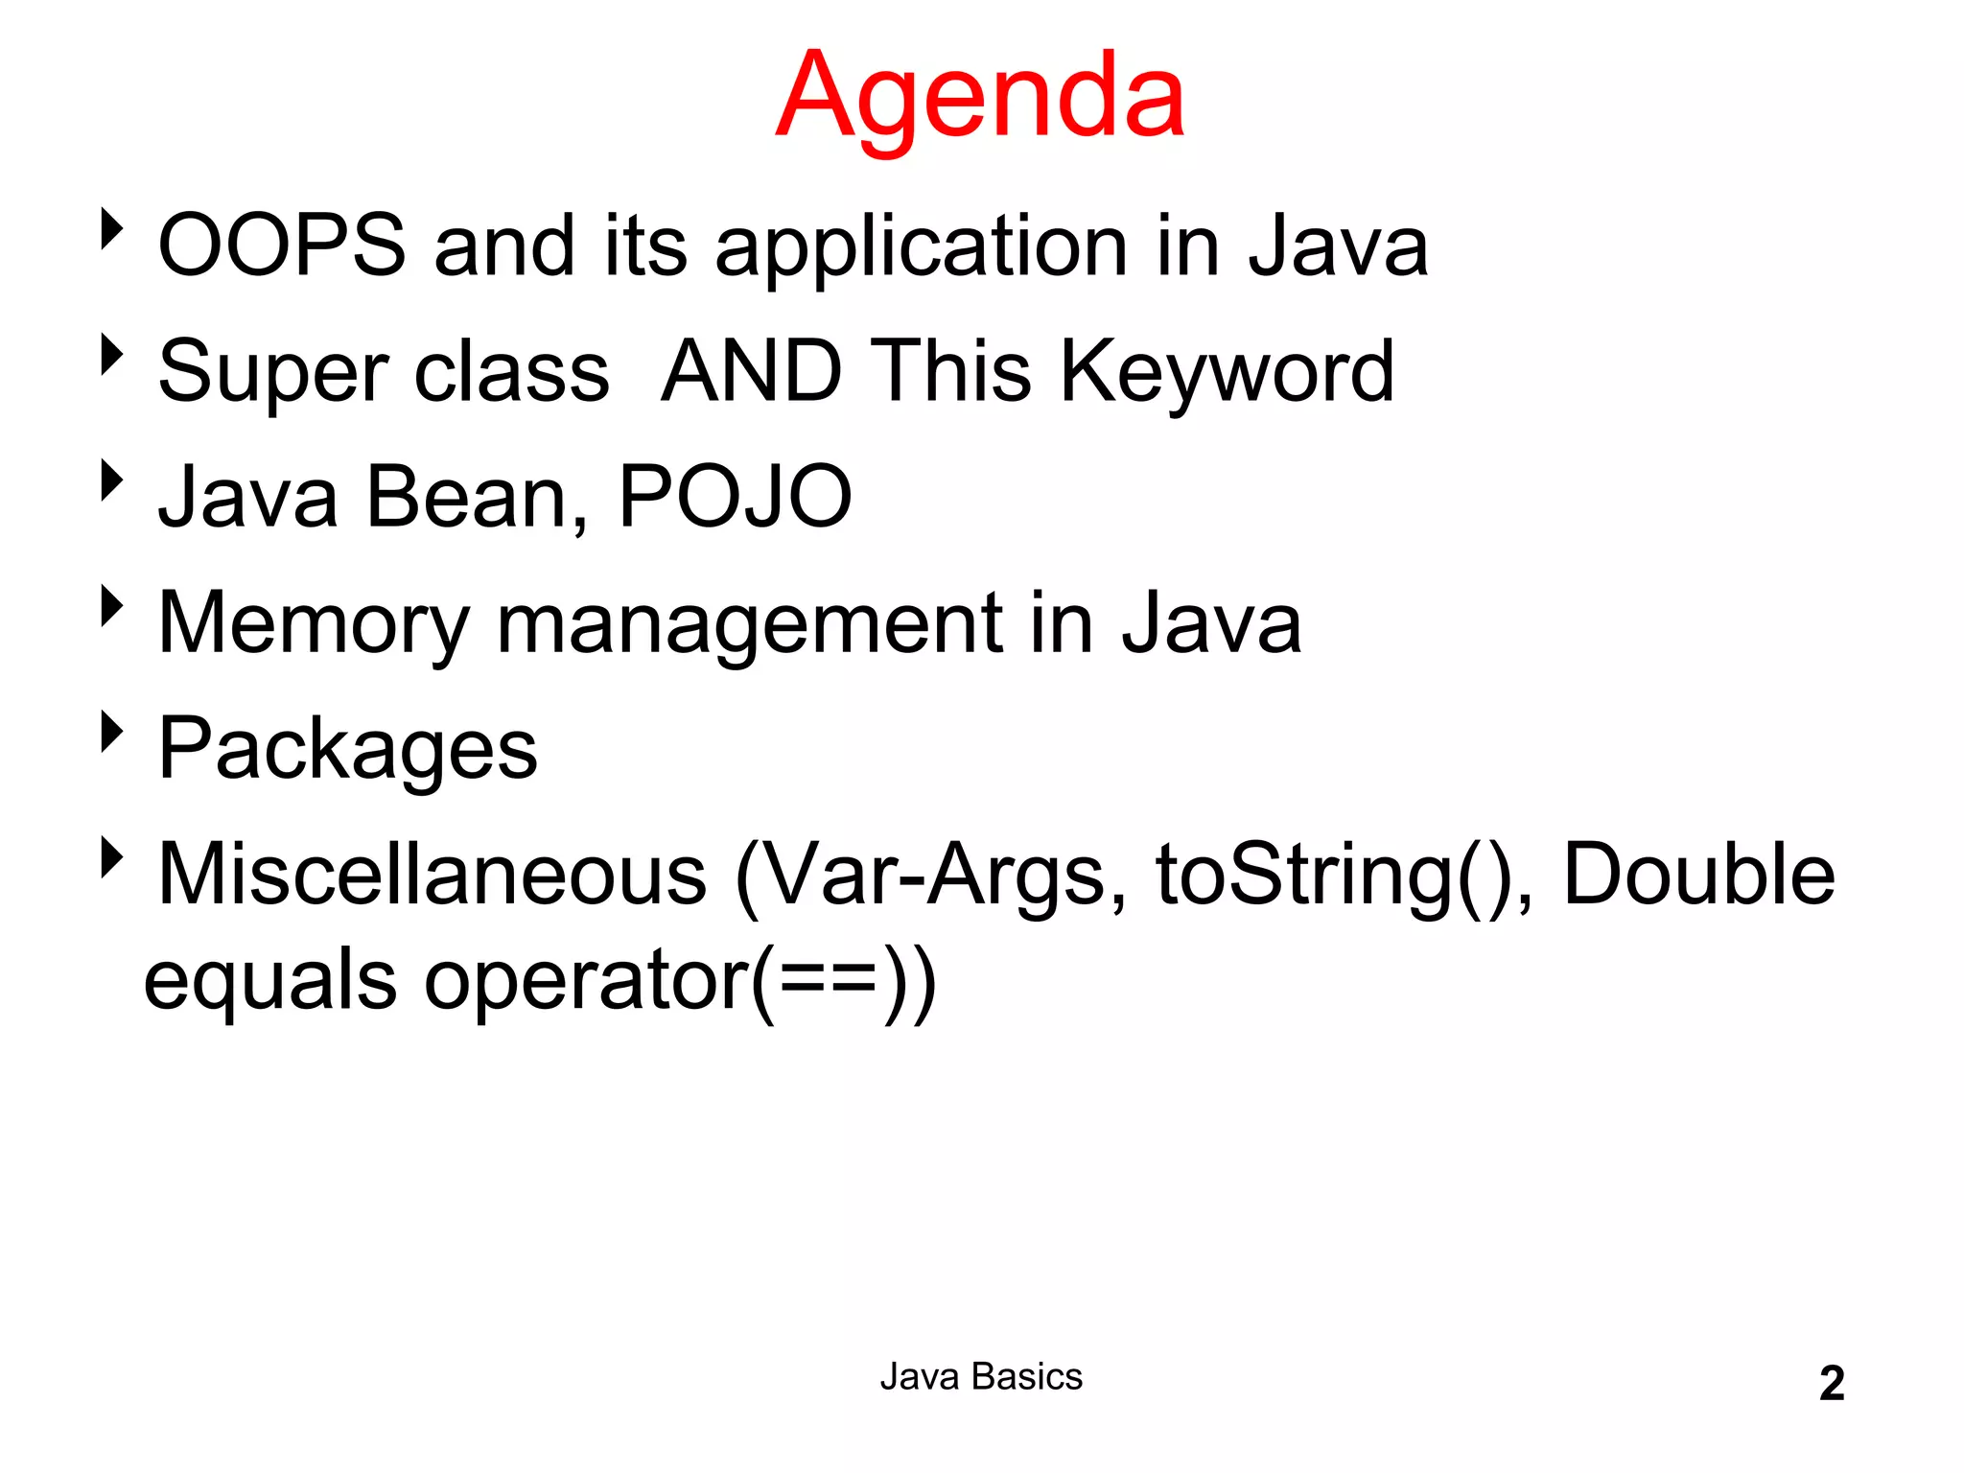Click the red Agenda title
[x=980, y=96]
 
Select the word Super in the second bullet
[x=273, y=374]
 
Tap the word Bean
[x=467, y=497]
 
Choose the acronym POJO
[x=735, y=497]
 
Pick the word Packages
[x=347, y=751]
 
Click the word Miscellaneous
[x=432, y=875]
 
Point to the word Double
[x=1698, y=875]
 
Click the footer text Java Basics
[x=981, y=1377]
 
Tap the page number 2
[x=1831, y=1384]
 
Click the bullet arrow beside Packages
[x=112, y=733]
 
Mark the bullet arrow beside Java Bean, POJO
[x=112, y=480]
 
